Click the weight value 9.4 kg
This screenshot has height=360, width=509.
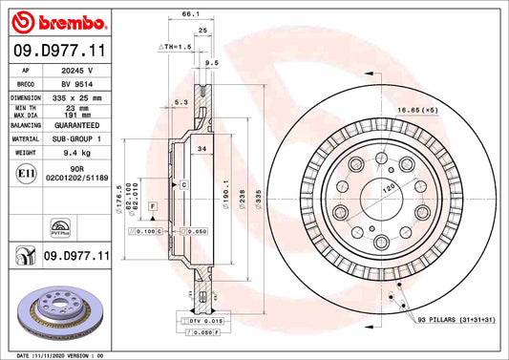click(x=77, y=152)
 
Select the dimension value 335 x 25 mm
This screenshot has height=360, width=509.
click(x=77, y=97)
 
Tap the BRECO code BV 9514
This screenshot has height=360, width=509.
click(x=77, y=84)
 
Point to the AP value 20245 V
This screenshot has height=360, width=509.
click(x=77, y=71)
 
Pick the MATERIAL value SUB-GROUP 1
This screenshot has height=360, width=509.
click(x=77, y=138)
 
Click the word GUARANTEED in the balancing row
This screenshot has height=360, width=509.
click(x=77, y=125)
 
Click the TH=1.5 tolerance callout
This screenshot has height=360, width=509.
click(x=175, y=46)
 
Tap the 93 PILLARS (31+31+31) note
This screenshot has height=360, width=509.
click(x=456, y=319)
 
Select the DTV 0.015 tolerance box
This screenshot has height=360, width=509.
click(x=203, y=322)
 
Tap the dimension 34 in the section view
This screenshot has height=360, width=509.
click(x=201, y=149)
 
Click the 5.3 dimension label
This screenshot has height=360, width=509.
click(x=180, y=102)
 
